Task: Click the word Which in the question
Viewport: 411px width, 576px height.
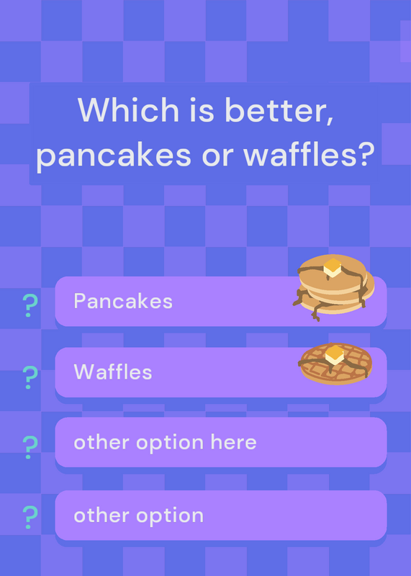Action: (128, 109)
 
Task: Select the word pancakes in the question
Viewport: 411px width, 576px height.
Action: (114, 154)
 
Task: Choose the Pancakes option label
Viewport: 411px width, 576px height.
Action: (123, 301)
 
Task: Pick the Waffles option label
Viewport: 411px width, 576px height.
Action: (113, 372)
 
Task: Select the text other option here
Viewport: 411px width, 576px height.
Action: (165, 443)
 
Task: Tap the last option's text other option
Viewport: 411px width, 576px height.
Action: (138, 516)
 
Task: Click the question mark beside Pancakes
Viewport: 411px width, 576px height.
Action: (30, 305)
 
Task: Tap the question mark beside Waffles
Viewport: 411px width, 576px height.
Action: (30, 377)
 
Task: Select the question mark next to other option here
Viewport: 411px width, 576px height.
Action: (30, 447)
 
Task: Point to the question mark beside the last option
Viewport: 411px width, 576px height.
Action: (30, 517)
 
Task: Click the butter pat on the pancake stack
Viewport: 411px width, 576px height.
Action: (333, 267)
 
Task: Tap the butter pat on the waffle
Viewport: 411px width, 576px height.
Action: (335, 355)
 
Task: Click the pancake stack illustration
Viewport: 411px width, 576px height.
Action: (333, 287)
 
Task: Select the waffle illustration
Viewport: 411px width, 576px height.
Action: (335, 364)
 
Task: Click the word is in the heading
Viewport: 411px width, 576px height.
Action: (202, 109)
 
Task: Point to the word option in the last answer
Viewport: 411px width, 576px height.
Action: (170, 516)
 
